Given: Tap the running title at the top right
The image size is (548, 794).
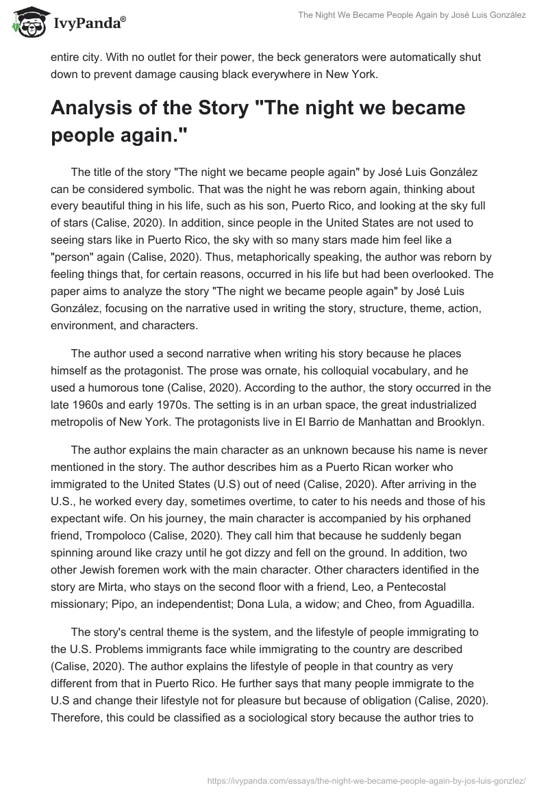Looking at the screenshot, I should point(412,15).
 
